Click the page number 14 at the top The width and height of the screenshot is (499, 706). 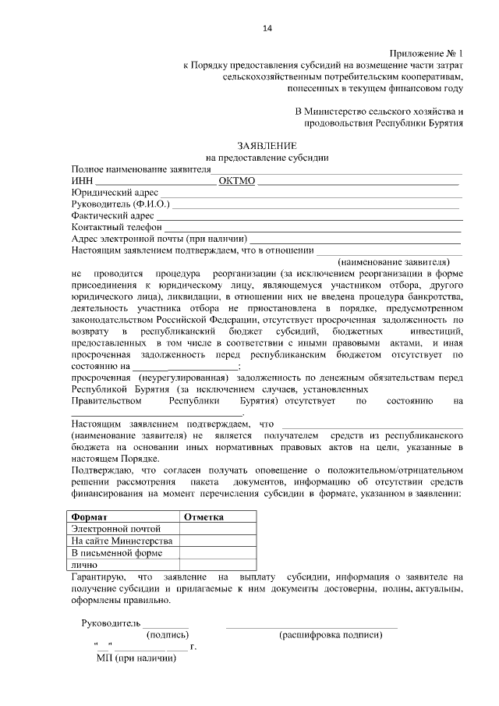point(267,29)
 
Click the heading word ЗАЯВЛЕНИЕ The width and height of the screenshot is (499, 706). point(267,146)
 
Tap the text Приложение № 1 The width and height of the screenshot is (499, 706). point(426,51)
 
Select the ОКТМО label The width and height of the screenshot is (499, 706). point(237,181)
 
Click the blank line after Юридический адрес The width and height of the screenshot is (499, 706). point(312,193)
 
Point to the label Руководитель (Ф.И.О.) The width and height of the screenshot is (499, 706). point(120,204)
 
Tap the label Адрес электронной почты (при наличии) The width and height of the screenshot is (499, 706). point(159,239)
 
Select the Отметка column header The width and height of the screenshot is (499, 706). point(204,517)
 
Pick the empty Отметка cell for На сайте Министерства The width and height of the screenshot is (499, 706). point(219,541)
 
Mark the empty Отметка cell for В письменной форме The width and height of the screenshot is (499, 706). point(219,553)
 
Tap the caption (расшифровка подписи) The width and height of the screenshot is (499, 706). point(331,636)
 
